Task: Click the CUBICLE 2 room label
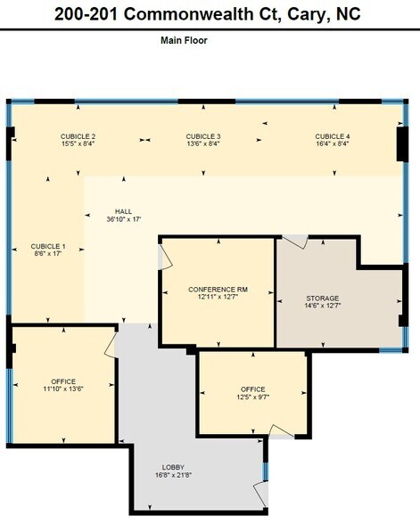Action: tap(78, 136)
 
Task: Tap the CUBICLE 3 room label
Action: tap(203, 136)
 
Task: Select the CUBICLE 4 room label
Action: tap(333, 136)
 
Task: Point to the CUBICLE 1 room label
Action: tap(48, 246)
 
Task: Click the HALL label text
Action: tap(123, 211)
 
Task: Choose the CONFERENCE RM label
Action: tap(218, 290)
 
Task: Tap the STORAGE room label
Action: tap(322, 299)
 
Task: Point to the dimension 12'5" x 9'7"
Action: tap(253, 397)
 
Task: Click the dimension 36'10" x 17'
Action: tap(123, 219)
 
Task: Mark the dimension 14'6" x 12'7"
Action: tap(322, 307)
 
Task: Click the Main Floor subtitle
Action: tap(184, 40)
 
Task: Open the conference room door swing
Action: tap(165, 257)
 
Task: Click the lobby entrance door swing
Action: tap(261, 493)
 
